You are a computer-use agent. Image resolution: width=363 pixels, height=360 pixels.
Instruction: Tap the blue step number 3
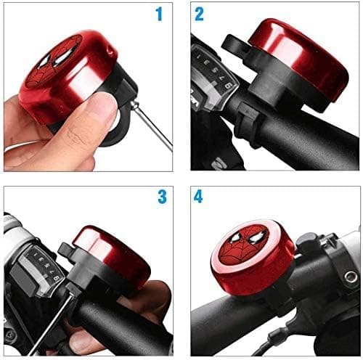(x=160, y=197)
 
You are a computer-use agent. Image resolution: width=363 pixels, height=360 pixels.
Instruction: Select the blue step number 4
(x=198, y=197)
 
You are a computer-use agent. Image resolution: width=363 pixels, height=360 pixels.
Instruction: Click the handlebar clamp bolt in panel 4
(x=350, y=277)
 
